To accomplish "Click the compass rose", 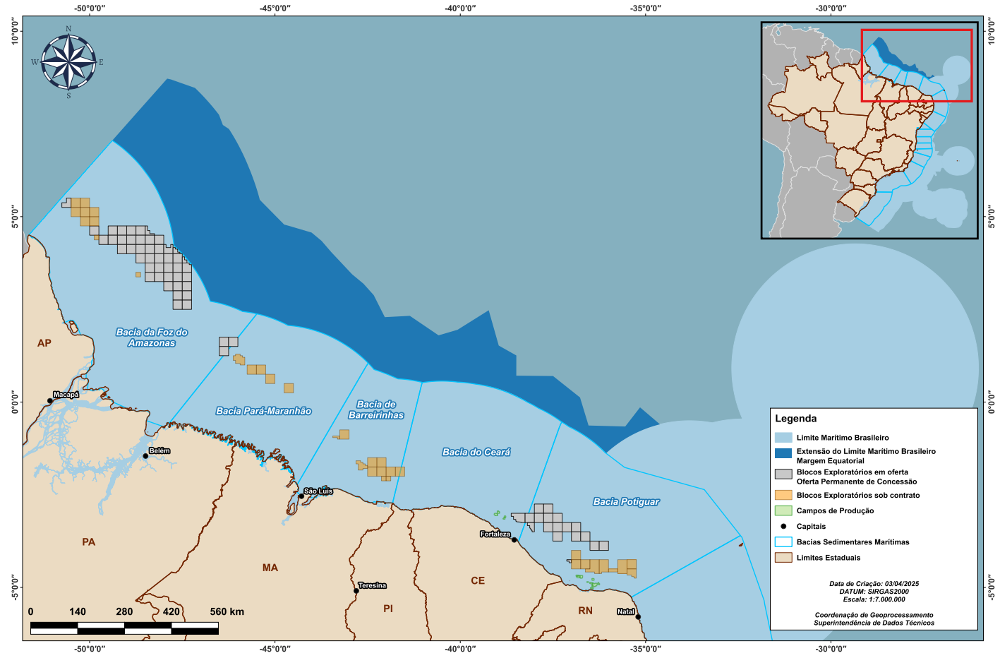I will [x=68, y=62].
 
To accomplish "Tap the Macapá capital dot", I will [x=50, y=401].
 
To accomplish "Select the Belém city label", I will [x=159, y=450].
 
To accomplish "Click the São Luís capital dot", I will [x=301, y=496].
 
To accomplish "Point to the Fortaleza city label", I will [x=495, y=534].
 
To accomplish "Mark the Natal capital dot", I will [x=638, y=617].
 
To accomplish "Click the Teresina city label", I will [x=372, y=585].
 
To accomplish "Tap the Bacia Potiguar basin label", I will [x=626, y=502].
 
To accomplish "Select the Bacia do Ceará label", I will [x=476, y=452].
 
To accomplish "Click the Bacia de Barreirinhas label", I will [x=376, y=410].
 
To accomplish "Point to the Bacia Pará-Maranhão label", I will [x=263, y=411].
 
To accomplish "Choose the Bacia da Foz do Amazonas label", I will [x=152, y=337].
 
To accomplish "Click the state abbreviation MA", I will [x=270, y=568].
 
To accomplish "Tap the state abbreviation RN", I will [x=585, y=611].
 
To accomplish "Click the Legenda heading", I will [x=795, y=419].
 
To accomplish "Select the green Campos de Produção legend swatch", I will [x=783, y=510].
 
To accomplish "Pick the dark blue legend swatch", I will [x=783, y=453].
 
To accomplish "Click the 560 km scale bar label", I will [x=227, y=611].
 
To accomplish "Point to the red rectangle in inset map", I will [x=916, y=31].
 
